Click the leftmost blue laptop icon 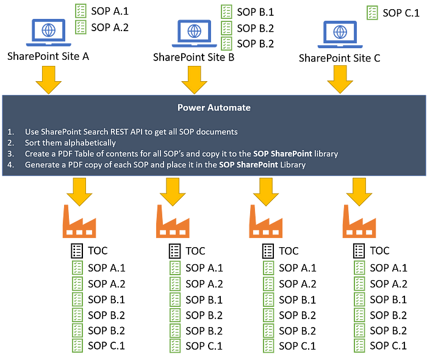pos(47,32)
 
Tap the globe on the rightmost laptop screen pos(340,31)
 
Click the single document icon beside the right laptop pos(371,13)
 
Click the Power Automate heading pos(213,108)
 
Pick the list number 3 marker pos(11,154)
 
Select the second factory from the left pos(173,222)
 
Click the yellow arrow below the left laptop pos(47,77)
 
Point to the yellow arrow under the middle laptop pos(194,77)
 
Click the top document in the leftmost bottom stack pos(77,268)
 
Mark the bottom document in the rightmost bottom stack pos(360,345)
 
